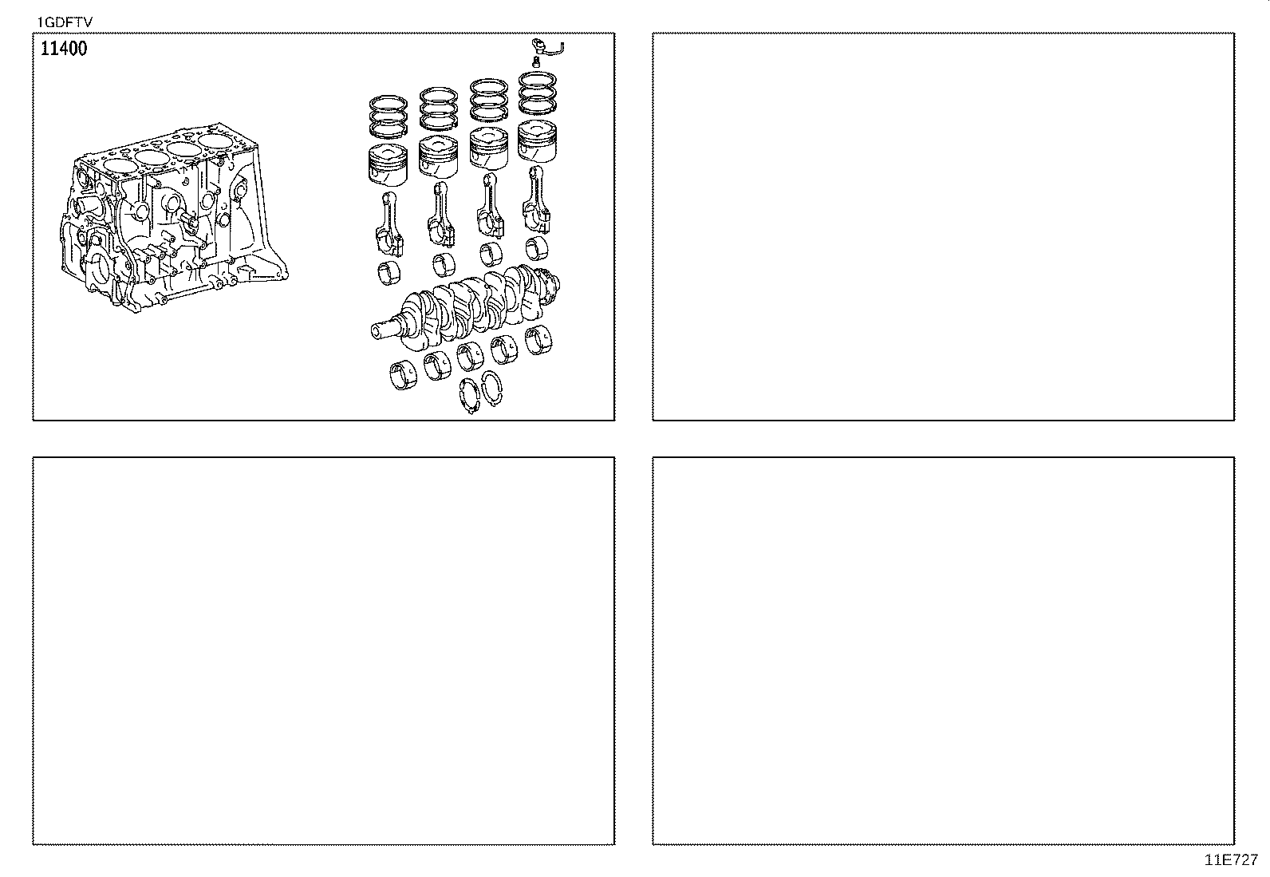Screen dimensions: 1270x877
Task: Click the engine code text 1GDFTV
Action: [65, 22]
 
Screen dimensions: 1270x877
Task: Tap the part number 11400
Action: [64, 49]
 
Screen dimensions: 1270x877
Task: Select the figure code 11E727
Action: [1231, 860]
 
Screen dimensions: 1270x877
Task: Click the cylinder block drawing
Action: [173, 219]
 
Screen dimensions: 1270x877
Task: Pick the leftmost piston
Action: [388, 165]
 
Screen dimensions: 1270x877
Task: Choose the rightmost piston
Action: [537, 141]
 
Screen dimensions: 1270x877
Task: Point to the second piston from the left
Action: [438, 157]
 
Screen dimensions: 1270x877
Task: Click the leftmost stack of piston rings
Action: [388, 117]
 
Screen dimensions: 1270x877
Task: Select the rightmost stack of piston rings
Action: [538, 93]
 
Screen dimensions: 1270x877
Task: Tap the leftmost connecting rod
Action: [389, 225]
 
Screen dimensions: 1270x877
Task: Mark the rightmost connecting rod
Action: [536, 199]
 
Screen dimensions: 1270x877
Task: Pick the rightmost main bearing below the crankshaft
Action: [538, 341]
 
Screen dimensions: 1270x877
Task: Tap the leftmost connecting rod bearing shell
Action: [389, 274]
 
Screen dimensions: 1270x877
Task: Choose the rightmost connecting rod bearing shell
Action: [536, 248]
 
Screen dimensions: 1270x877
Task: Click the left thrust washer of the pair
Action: [469, 395]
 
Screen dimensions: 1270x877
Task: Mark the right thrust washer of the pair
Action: [491, 389]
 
